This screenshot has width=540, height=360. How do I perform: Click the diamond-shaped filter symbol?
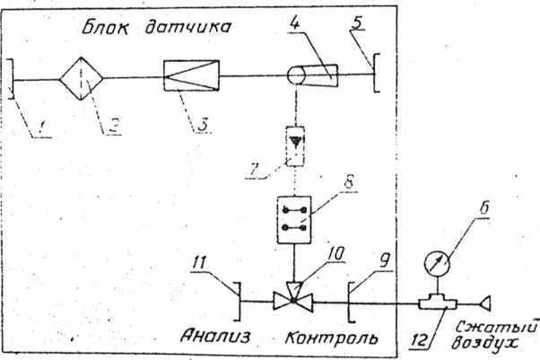82,80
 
